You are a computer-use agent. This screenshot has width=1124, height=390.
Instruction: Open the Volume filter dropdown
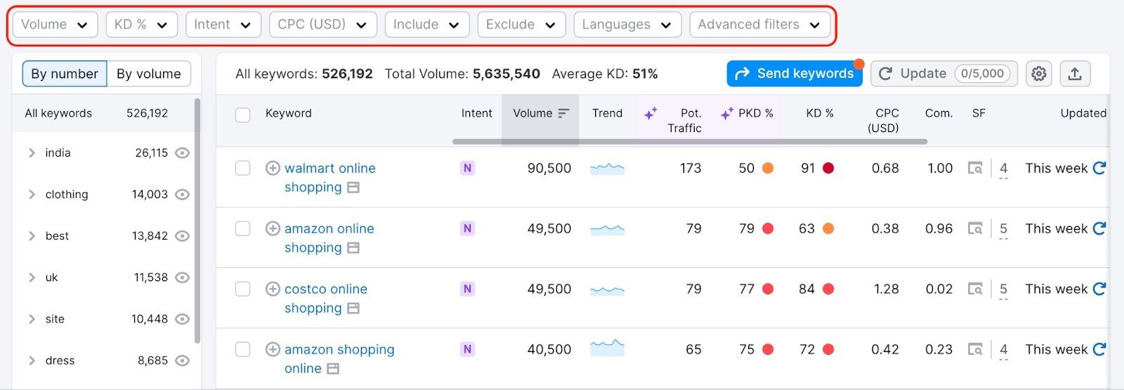point(54,25)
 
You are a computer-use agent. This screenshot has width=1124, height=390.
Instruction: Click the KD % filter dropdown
point(141,25)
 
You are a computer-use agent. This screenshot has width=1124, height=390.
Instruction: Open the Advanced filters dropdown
point(759,25)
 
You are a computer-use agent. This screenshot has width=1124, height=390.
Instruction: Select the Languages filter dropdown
point(627,25)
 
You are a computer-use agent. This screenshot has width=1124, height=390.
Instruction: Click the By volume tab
point(148,74)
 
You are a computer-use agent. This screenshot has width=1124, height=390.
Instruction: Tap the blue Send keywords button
point(795,74)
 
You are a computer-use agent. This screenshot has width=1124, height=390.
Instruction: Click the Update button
point(943,74)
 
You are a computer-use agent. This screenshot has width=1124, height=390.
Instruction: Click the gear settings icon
point(1038,74)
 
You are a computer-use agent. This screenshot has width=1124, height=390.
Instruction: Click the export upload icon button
point(1074,74)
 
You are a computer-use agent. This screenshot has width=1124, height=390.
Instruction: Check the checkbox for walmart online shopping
point(242,168)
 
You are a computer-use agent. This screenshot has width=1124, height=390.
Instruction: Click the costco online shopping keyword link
point(325,290)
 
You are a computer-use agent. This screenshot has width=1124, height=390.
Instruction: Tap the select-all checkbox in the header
point(242,115)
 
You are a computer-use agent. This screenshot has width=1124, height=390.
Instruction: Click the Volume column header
point(540,113)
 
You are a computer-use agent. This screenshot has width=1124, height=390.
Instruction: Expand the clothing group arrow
point(32,195)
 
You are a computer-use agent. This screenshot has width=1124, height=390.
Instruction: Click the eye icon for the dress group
point(182,360)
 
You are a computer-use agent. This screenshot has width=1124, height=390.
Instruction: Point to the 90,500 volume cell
point(549,169)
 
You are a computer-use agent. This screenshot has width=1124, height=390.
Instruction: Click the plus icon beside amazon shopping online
point(273,349)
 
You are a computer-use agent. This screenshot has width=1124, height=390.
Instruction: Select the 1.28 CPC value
point(886,290)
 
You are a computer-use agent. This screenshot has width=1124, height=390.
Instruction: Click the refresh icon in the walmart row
point(1099,168)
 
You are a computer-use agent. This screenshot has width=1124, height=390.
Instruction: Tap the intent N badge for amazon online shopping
point(467,228)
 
